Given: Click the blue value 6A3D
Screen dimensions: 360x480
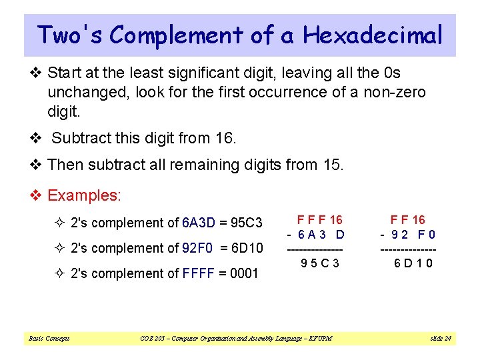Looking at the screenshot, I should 199,223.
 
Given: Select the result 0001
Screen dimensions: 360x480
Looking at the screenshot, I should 244,273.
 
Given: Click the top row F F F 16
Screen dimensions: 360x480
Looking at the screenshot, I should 319,219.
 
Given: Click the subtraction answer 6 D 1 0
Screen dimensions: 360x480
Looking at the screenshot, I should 413,263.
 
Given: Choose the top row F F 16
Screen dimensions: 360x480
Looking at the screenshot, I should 408,219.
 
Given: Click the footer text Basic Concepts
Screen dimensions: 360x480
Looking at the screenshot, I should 49,339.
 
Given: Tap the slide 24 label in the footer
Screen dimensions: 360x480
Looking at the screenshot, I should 441,339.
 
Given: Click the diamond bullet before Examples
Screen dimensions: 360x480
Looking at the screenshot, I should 38,195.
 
